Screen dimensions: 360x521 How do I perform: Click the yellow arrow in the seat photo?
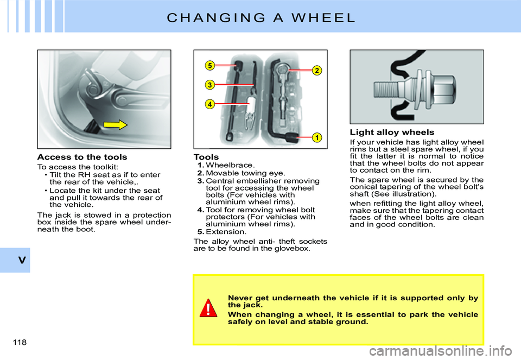click(115, 125)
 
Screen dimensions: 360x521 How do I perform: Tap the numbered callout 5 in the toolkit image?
click(209, 66)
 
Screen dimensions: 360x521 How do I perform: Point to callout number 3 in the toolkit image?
click(209, 84)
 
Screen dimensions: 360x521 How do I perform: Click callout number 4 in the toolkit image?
click(209, 104)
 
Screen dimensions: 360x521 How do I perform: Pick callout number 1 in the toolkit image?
click(314, 137)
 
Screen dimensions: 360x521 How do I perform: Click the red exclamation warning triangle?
click(208, 308)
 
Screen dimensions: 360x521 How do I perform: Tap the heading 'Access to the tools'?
click(82, 157)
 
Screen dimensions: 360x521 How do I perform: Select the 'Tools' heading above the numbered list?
click(206, 157)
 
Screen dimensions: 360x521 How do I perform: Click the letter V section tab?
click(21, 260)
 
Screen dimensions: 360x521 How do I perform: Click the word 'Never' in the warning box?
click(240, 298)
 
